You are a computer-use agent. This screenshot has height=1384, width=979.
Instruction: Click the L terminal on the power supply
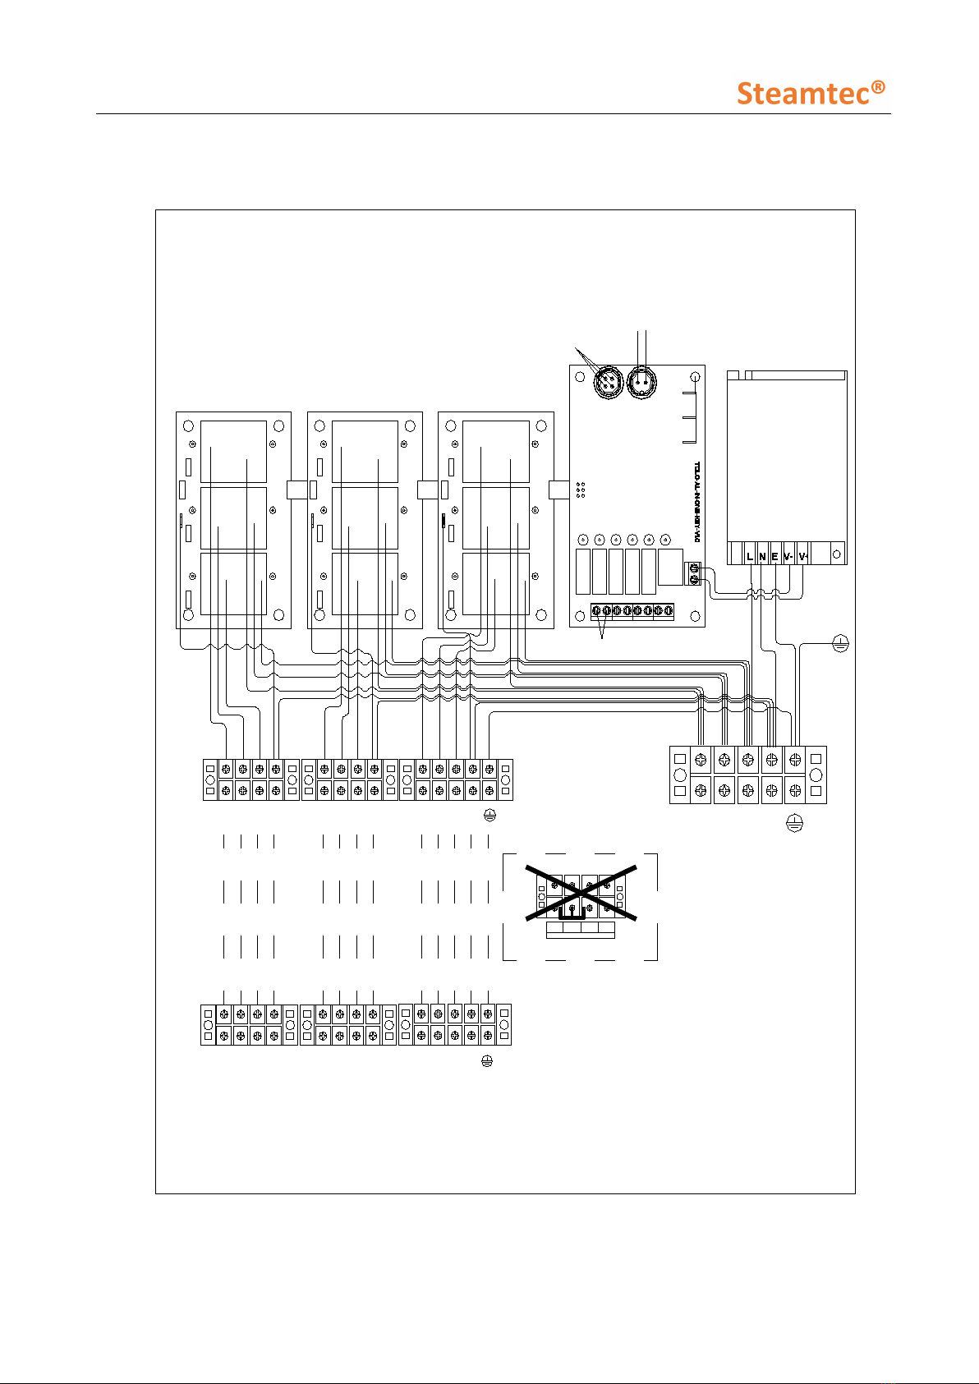[x=750, y=556]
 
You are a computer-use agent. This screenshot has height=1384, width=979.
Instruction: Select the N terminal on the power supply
[x=762, y=556]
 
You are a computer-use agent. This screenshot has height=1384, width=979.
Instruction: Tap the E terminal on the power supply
[x=774, y=556]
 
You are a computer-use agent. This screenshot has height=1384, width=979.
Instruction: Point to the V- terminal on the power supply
[x=788, y=556]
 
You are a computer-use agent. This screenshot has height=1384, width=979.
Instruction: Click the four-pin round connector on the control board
[x=608, y=382]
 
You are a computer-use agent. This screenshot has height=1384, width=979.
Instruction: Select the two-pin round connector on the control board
[x=641, y=382]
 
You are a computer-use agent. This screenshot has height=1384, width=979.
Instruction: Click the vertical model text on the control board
[x=696, y=501]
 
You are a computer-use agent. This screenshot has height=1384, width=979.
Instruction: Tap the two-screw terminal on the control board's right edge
[x=694, y=572]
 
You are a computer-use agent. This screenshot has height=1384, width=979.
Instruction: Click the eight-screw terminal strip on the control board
[x=632, y=611]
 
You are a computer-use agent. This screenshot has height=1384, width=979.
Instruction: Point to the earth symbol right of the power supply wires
[x=840, y=644]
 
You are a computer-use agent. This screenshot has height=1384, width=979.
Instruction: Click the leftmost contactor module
[x=234, y=520]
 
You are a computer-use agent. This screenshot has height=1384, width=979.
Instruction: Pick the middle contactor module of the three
[x=365, y=520]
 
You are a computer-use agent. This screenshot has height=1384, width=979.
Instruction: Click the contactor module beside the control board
[x=496, y=520]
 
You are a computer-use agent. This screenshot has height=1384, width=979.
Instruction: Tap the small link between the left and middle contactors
[x=296, y=489]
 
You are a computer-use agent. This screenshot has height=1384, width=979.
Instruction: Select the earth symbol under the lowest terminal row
[x=487, y=1061]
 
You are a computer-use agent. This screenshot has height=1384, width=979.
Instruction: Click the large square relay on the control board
[x=670, y=567]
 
